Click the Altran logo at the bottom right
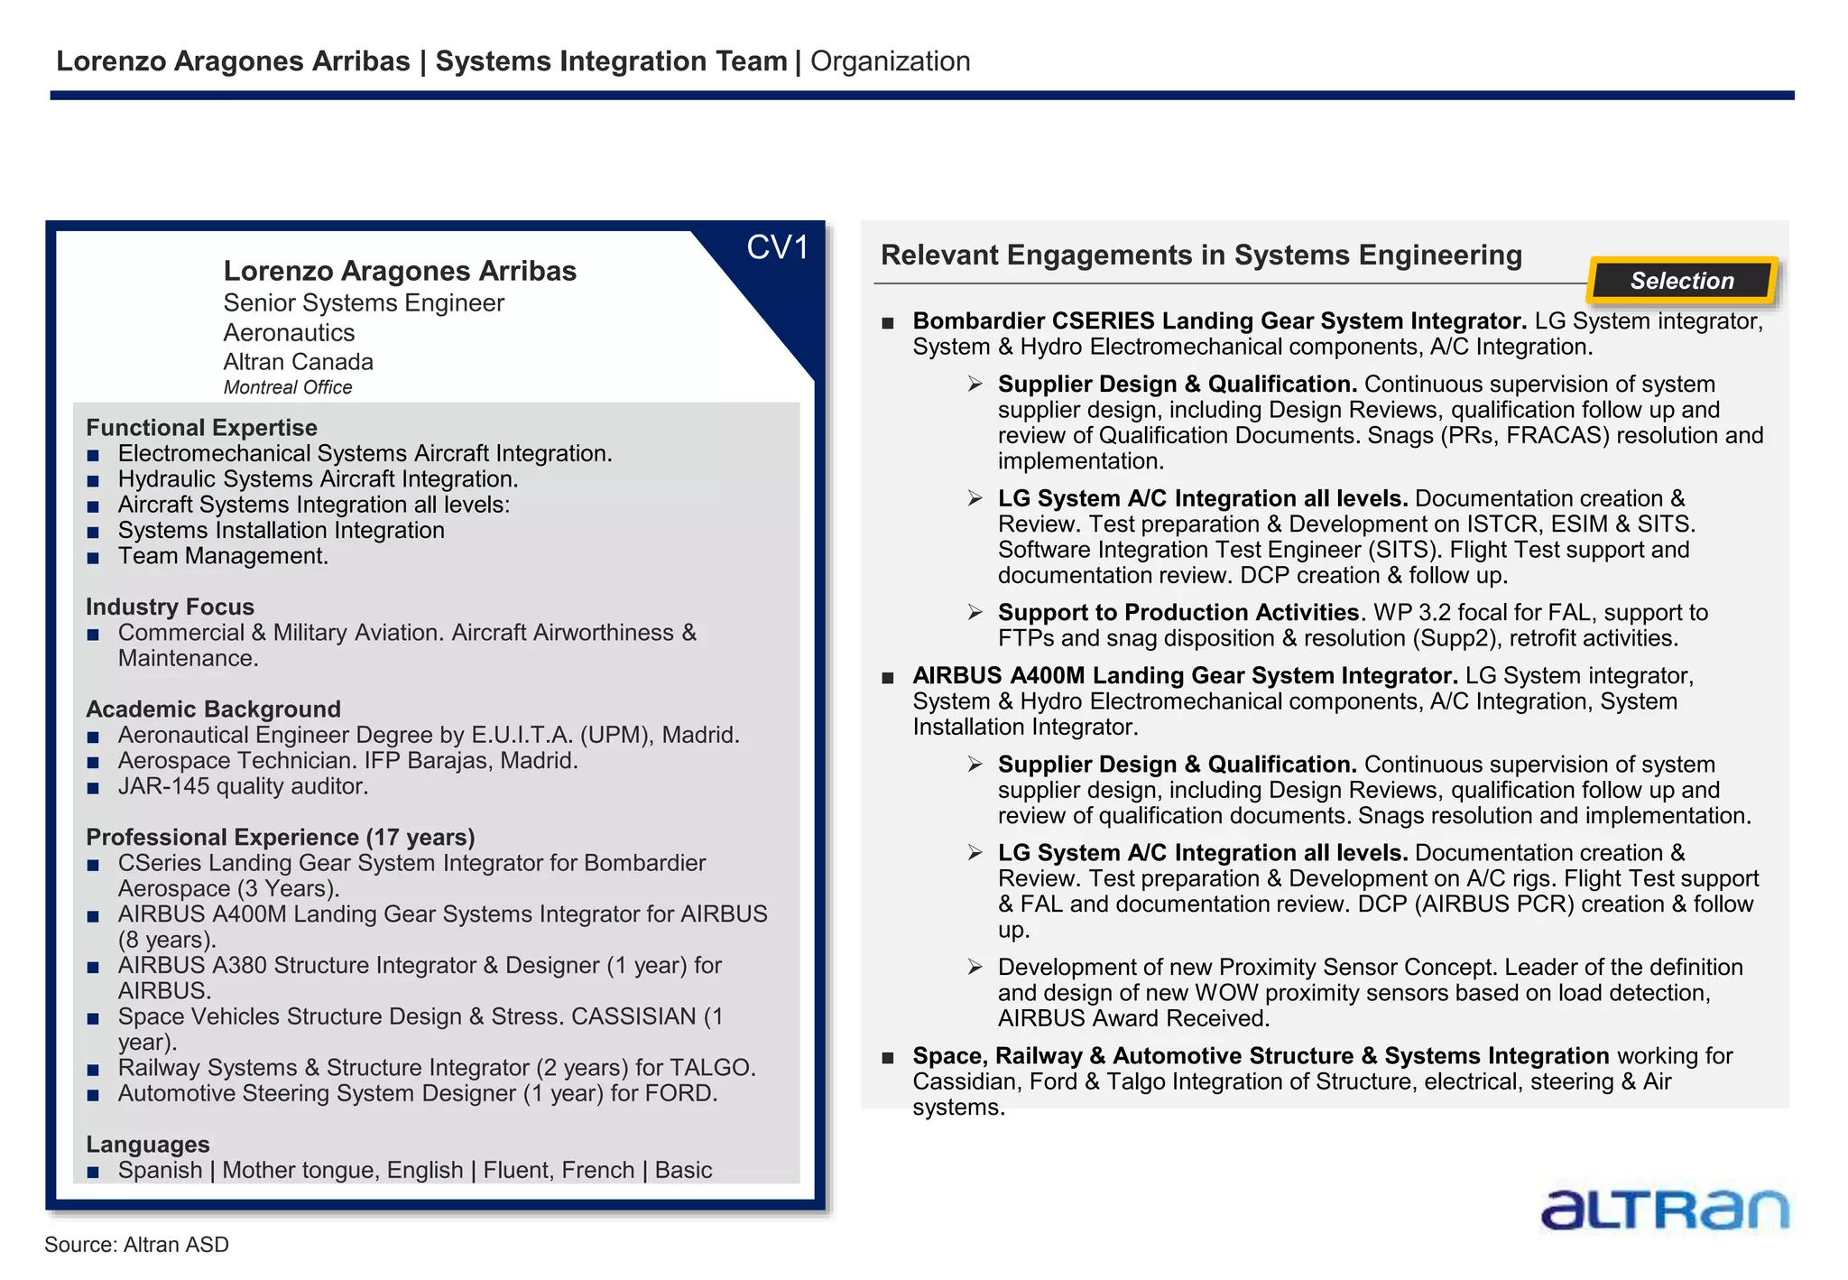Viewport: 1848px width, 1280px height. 1664,1210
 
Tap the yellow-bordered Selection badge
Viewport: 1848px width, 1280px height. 1682,281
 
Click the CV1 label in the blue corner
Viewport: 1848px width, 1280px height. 777,248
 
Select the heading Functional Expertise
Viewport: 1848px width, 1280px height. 201,427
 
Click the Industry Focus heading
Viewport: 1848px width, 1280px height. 170,607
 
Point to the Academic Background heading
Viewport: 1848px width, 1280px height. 213,709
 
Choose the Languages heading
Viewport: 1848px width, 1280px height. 148,1144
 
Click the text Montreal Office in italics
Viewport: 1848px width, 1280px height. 288,387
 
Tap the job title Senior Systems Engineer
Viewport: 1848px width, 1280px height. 364,303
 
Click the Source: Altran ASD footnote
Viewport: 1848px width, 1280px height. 136,1245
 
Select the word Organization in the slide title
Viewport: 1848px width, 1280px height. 890,61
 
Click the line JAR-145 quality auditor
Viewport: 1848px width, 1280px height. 243,786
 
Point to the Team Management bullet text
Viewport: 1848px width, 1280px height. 223,556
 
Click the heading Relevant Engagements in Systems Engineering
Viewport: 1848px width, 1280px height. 1201,255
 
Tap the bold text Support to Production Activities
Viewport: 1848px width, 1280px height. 1178,612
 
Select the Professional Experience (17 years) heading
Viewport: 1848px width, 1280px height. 280,837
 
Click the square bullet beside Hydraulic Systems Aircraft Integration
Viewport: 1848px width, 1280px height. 93,481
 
